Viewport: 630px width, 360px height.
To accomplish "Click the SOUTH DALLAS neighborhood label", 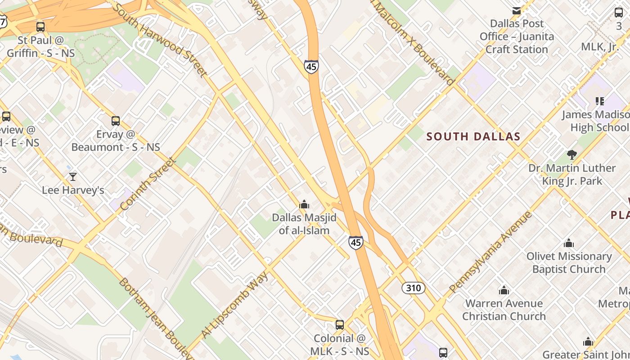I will [x=473, y=136].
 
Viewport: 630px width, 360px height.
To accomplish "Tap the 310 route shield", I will [x=413, y=288].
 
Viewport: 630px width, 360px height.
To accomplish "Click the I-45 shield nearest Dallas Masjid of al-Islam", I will [x=355, y=243].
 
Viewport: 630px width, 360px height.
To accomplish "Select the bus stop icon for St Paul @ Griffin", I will [x=40, y=27].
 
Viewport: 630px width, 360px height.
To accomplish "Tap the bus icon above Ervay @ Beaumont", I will [x=116, y=121].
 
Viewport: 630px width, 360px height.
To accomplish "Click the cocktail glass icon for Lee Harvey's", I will [x=73, y=177].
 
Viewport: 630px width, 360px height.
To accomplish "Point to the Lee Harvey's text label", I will [x=73, y=190].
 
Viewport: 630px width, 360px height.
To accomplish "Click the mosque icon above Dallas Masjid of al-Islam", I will [x=304, y=205].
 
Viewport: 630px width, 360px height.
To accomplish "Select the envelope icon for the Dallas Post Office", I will [x=517, y=10].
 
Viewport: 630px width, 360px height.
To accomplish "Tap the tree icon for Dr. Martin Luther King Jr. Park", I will [x=572, y=155].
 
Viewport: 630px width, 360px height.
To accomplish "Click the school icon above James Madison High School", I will [x=599, y=101].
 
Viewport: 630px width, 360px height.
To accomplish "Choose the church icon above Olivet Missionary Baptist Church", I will [x=569, y=243].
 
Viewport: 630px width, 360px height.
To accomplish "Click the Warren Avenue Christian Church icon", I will [x=504, y=290].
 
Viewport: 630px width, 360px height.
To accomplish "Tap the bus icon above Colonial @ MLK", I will [x=340, y=325].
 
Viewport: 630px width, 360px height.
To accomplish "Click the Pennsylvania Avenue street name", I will [x=490, y=252].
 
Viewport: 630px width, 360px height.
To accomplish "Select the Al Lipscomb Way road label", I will [x=234, y=305].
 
